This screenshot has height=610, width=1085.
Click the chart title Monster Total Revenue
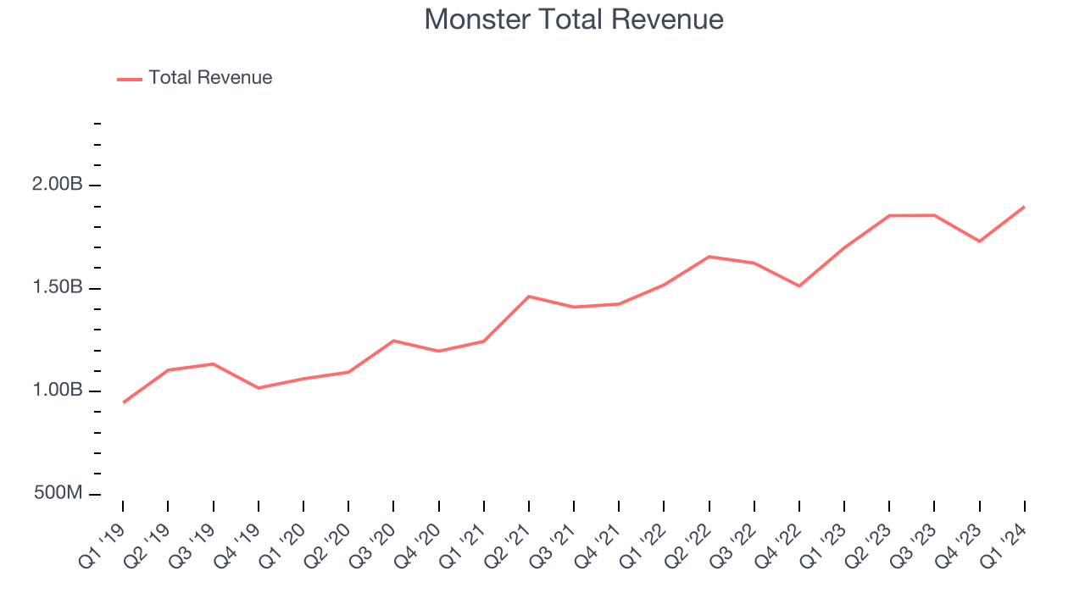click(574, 19)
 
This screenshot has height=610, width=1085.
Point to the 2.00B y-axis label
click(58, 185)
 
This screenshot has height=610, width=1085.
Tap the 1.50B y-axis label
click(58, 288)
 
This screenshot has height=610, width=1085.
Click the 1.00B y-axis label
click(58, 391)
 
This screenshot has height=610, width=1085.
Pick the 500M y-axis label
click(58, 493)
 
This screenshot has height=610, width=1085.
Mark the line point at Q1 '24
click(1024, 207)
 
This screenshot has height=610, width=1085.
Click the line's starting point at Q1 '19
click(124, 402)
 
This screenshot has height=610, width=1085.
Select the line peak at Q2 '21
click(529, 297)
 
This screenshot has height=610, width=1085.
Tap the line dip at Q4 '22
click(799, 286)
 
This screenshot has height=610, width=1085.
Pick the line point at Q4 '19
click(259, 388)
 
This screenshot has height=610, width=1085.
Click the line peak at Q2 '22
click(709, 257)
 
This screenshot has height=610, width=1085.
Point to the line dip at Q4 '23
click(980, 241)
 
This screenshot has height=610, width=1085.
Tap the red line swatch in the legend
click(130, 79)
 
